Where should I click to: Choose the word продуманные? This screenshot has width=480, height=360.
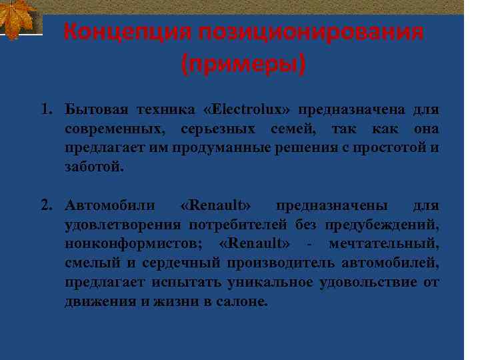pyautogui.click(x=221, y=147)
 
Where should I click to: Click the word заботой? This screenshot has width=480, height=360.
pyautogui.click(x=94, y=167)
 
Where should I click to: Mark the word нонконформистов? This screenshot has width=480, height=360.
pyautogui.click(x=136, y=242)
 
